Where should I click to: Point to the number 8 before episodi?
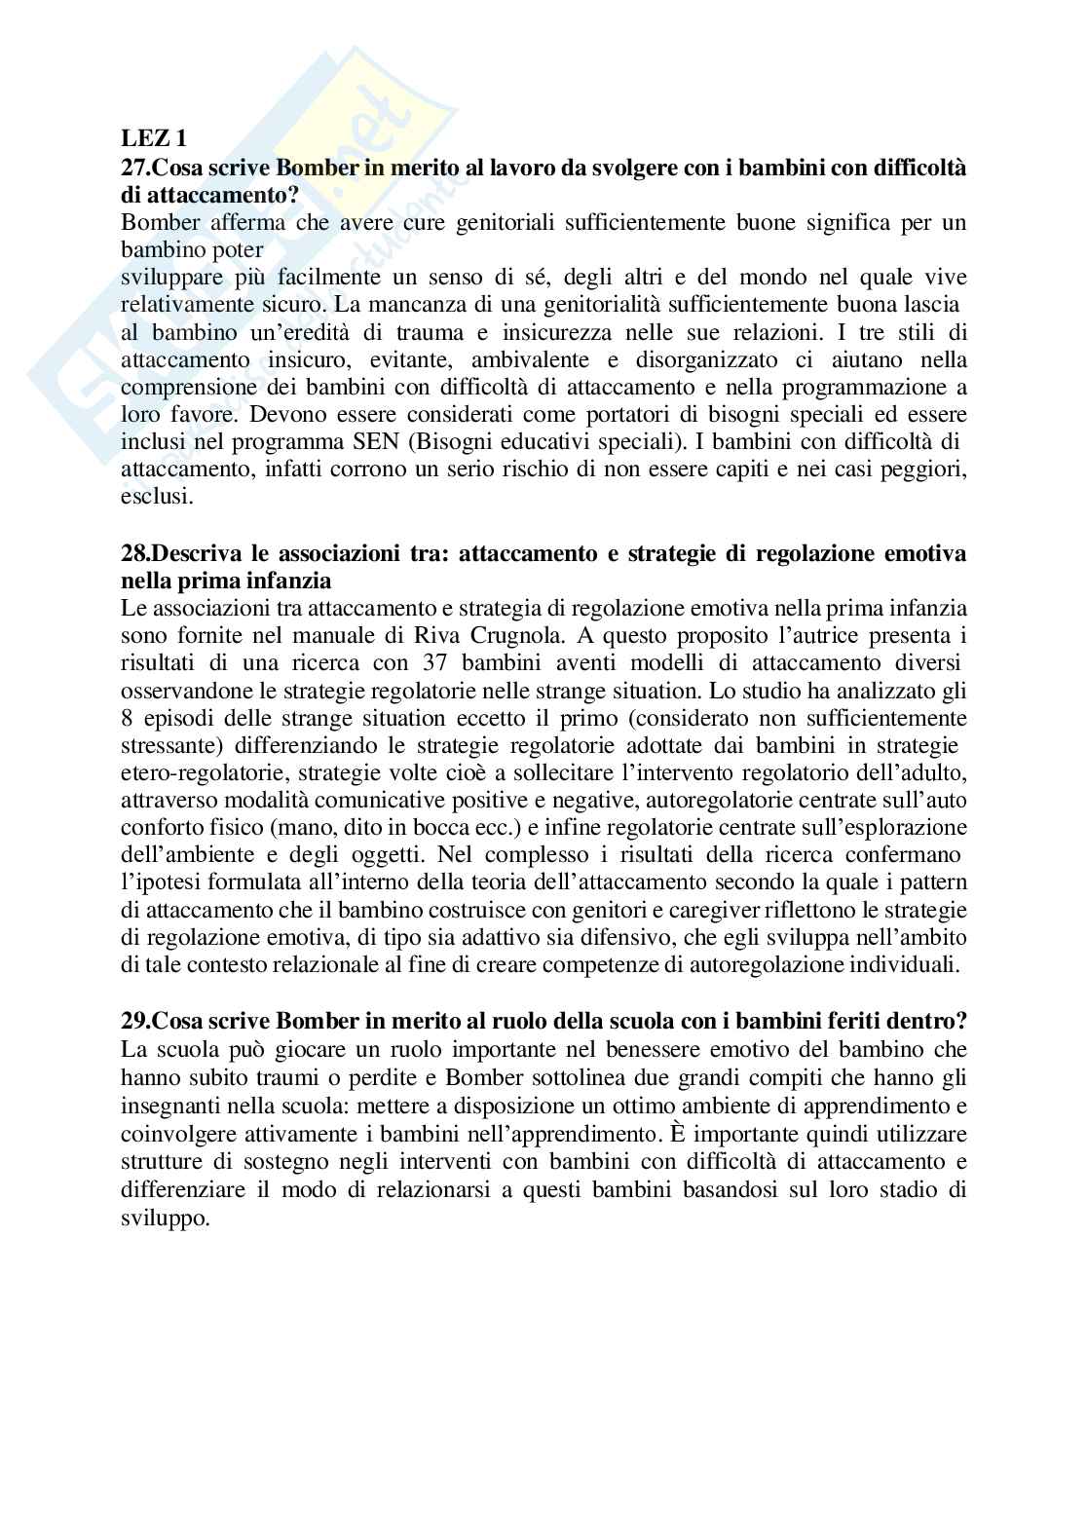127,719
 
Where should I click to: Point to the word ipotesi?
159,883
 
